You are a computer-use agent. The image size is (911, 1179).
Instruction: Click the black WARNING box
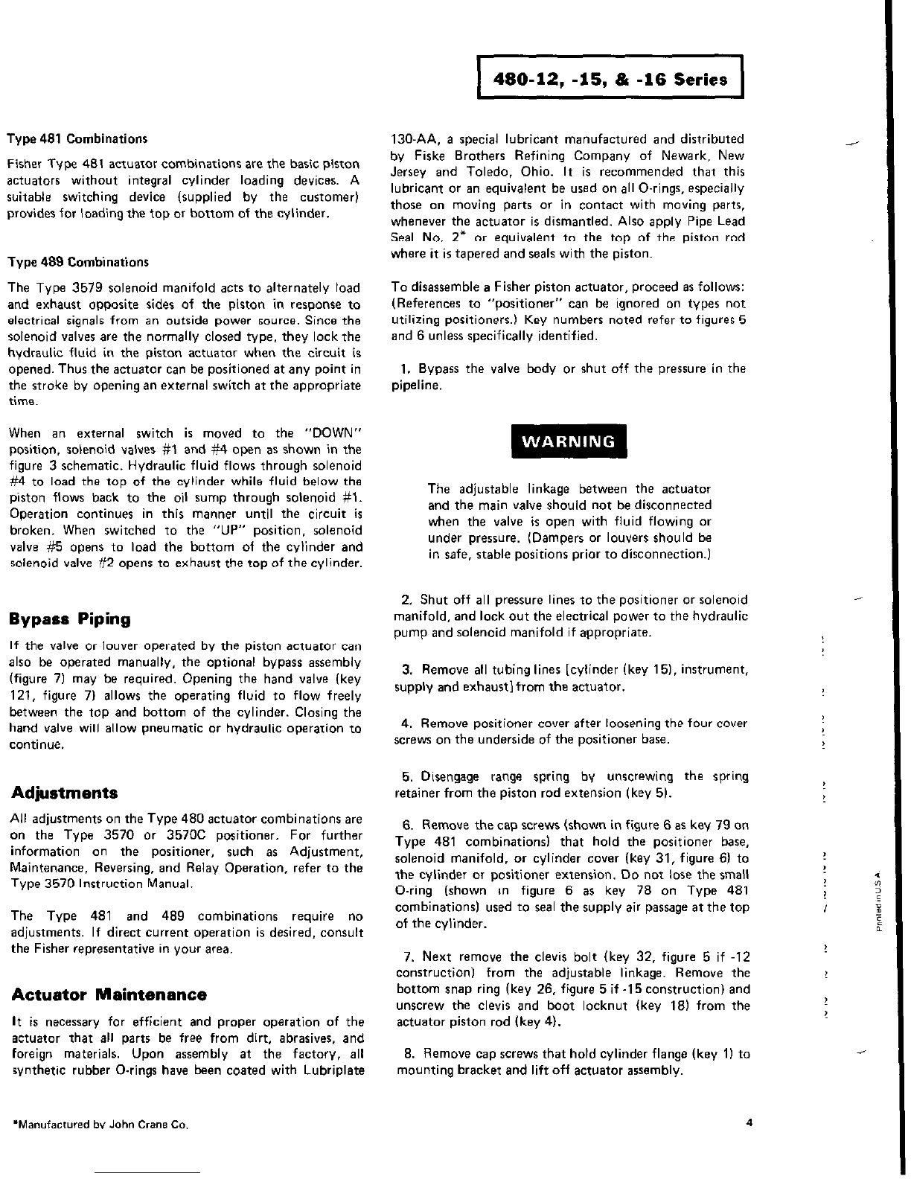click(x=569, y=441)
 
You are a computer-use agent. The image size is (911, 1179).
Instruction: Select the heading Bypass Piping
click(x=71, y=619)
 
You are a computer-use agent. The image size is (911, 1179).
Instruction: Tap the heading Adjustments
click(x=65, y=791)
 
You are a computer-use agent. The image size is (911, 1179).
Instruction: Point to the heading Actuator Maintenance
click(x=109, y=994)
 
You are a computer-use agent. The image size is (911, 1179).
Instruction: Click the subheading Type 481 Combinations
click(x=77, y=138)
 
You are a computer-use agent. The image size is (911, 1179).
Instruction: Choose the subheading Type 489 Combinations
click(x=77, y=262)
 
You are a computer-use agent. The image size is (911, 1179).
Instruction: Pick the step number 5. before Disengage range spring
click(x=407, y=777)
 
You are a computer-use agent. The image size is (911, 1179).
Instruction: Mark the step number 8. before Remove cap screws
click(x=409, y=1054)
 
